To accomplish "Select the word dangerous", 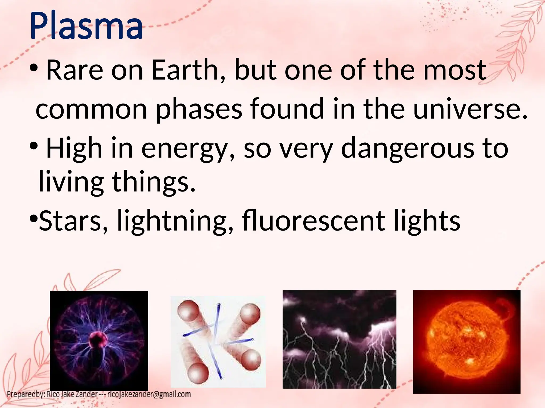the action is point(407,149).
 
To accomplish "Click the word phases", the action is point(199,109).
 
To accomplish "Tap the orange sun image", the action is point(467,342).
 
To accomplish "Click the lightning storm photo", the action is point(339,339).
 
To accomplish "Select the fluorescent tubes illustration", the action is point(218,342).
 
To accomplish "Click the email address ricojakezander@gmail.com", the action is point(149,394).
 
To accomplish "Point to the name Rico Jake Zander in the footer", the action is point(72,394).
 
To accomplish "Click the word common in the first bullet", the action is point(92,109).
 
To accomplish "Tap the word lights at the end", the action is point(427,221).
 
